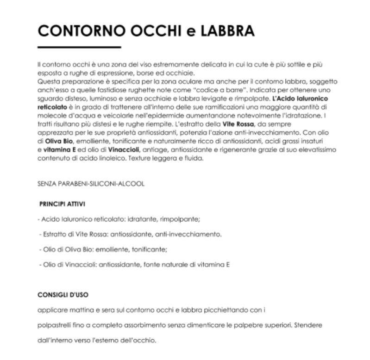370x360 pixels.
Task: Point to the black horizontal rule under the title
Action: pos(79,47)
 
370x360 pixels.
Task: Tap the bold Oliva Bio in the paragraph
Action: pos(60,139)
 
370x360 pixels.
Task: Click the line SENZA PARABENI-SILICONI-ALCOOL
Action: pos(91,184)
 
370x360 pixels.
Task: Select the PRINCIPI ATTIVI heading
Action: pos(62,204)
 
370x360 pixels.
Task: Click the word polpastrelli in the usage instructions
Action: pos(54,325)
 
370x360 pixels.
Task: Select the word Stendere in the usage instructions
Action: pos(307,325)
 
